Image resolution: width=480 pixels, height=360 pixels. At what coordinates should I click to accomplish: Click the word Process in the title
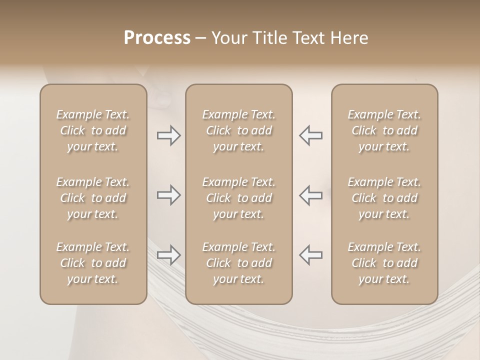[x=157, y=38]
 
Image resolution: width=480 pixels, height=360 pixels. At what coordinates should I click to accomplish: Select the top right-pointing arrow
[x=168, y=135]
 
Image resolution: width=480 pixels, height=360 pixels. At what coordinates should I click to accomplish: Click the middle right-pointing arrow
[x=168, y=195]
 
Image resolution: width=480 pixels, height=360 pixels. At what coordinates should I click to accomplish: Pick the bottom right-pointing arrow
[x=168, y=255]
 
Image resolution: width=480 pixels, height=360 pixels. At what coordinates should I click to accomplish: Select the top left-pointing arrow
[x=311, y=135]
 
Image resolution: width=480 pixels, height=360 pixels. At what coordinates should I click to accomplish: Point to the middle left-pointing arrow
[x=311, y=195]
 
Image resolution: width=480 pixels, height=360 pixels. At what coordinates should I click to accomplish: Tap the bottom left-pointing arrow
[x=311, y=255]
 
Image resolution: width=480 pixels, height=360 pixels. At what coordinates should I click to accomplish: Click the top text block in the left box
[x=93, y=130]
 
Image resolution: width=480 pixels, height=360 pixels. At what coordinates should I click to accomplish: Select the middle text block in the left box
[x=93, y=198]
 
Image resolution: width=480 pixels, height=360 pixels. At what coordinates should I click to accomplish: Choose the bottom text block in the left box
[x=93, y=263]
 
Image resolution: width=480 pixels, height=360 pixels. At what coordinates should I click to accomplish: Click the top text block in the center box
[x=239, y=130]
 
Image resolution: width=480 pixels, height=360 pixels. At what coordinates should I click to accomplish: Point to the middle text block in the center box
[x=239, y=198]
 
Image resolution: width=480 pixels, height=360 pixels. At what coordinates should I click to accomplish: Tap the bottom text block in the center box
[x=239, y=263]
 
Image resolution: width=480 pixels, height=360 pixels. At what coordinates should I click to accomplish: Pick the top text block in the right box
[x=384, y=130]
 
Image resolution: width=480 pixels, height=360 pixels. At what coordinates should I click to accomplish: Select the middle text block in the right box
[x=384, y=198]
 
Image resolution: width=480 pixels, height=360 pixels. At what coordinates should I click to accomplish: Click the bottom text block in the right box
[x=384, y=263]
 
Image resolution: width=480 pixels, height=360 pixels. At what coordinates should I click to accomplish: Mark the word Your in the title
[x=228, y=38]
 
